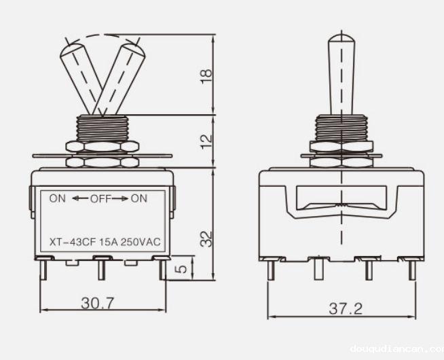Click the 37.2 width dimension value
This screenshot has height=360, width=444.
pyautogui.click(x=346, y=308)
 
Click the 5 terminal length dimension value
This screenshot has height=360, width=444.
pyautogui.click(x=180, y=268)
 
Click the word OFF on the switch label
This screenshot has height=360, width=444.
pyautogui.click(x=100, y=198)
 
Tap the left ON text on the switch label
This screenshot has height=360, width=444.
pyautogui.click(x=57, y=198)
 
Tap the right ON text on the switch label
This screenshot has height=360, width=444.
pyautogui.click(x=138, y=198)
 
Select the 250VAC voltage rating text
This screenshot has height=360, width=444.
pyautogui.click(x=145, y=241)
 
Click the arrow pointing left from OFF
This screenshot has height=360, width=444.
pyautogui.click(x=79, y=198)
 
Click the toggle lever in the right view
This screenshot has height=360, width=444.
pyautogui.click(x=339, y=75)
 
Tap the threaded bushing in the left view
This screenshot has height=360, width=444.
pyautogui.click(x=102, y=127)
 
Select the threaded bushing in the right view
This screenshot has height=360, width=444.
pyautogui.click(x=340, y=127)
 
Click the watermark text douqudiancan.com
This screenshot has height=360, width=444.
pyautogui.click(x=396, y=350)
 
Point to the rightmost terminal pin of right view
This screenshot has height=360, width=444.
pyautogui.click(x=412, y=270)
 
